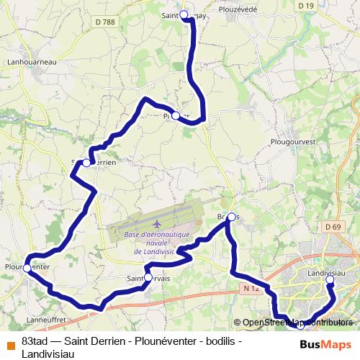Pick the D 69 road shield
(x=333, y=227)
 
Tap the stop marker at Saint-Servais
(x=148, y=276)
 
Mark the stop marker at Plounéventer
(x=27, y=268)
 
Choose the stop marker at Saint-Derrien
(x=86, y=163)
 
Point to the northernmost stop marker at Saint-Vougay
(x=184, y=14)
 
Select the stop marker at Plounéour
(x=176, y=115)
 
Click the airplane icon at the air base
(x=157, y=223)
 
